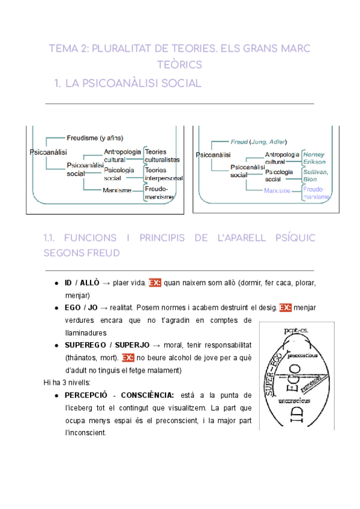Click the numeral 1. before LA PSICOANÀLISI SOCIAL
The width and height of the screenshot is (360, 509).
pyautogui.click(x=58, y=83)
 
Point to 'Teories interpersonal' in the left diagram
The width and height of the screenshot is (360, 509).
pyautogui.click(x=163, y=174)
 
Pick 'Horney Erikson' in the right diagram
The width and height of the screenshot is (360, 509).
pyautogui.click(x=314, y=158)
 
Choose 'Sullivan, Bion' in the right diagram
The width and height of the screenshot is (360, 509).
pyautogui.click(x=314, y=175)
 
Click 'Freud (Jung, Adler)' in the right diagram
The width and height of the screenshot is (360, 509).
pyautogui.click(x=259, y=142)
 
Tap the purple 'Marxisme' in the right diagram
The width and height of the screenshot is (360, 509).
pyautogui.click(x=277, y=191)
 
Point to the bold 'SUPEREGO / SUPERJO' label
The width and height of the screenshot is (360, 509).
pyautogui.click(x=107, y=345)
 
